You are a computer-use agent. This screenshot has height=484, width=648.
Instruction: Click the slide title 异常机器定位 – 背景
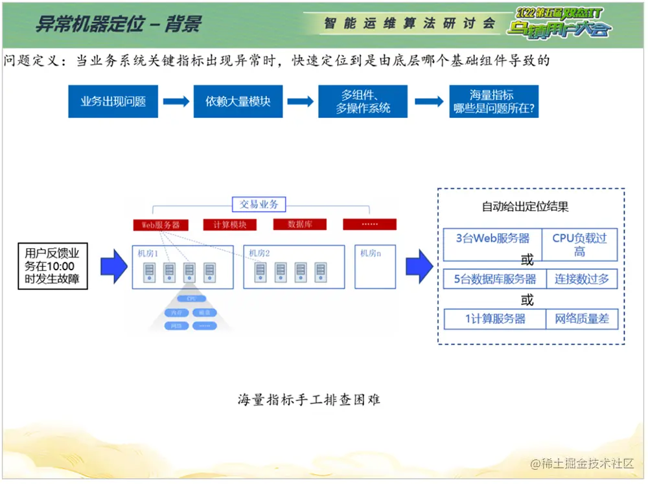[x=118, y=24]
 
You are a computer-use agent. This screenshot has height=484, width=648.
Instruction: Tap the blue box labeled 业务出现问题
[x=113, y=102]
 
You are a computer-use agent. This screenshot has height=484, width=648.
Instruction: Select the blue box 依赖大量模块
[x=238, y=102]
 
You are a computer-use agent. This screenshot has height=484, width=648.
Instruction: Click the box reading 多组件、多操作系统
[x=363, y=102]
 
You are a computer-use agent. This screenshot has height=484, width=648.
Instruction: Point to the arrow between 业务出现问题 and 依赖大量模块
[x=176, y=102]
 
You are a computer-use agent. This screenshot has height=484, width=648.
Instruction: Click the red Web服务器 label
[x=161, y=225]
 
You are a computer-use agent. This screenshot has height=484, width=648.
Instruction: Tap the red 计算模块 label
[x=229, y=225]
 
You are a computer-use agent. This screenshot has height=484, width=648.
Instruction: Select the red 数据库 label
[x=300, y=224]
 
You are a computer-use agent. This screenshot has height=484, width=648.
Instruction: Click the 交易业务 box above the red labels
[x=259, y=204]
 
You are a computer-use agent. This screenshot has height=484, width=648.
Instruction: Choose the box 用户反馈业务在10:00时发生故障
[x=53, y=266]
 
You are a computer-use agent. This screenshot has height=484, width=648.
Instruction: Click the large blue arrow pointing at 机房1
[x=115, y=266]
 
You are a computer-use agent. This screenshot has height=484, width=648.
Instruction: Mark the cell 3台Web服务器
[x=492, y=238]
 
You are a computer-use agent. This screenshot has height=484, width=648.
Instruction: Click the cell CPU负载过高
[x=579, y=244]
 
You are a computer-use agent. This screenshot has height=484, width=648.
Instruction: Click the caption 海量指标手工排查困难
[x=308, y=400]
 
